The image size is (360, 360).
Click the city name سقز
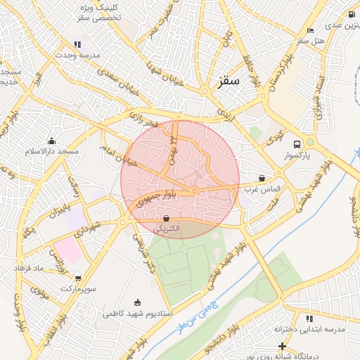(x=229, y=82)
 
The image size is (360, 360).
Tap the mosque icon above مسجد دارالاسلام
(x=51, y=141)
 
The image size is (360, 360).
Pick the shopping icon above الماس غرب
(x=262, y=179)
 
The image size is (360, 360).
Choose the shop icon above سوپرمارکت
(x=77, y=278)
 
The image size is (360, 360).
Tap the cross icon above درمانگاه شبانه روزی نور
(x=281, y=346)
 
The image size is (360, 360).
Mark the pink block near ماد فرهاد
(x=67, y=250)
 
